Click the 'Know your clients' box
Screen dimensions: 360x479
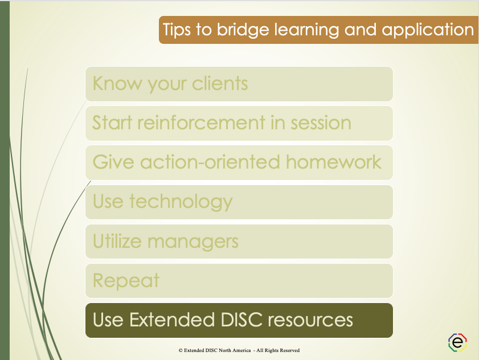click(239, 84)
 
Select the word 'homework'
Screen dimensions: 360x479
click(334, 162)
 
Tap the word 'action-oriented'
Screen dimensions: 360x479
click(210, 162)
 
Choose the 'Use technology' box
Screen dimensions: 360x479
click(239, 202)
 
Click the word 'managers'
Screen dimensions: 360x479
click(194, 241)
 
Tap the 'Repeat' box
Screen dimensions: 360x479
click(239, 280)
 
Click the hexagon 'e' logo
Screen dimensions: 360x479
click(457, 342)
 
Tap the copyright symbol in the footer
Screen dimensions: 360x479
click(181, 350)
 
